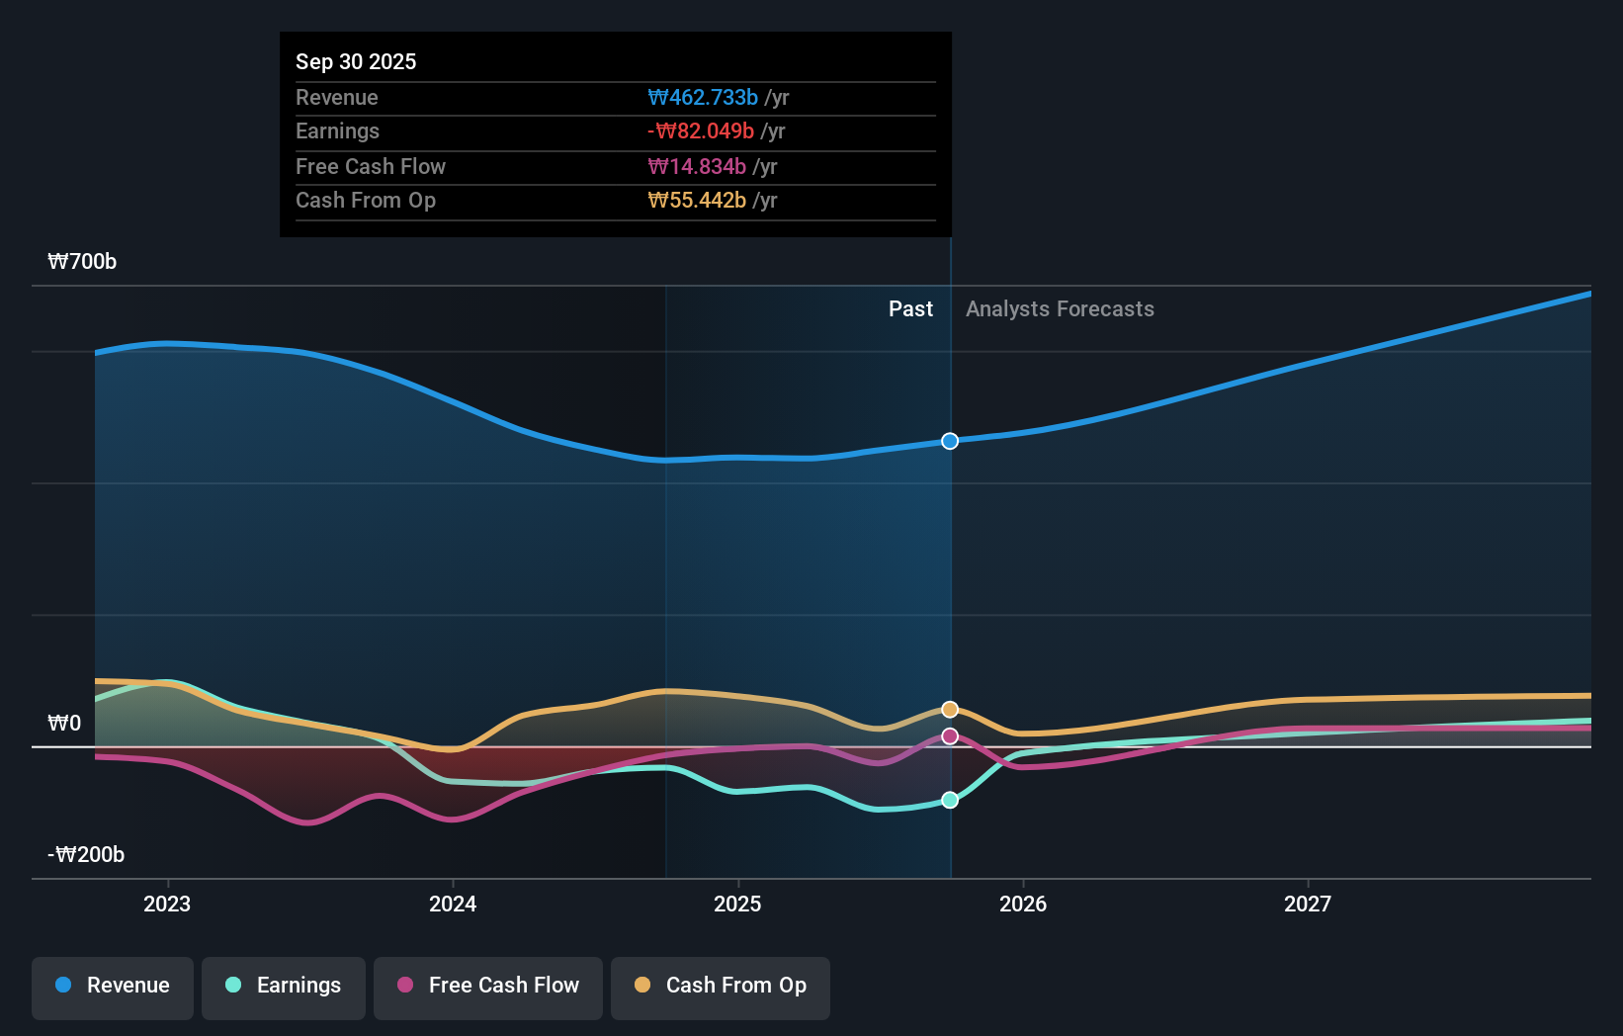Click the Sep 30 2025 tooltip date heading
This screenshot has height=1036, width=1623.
(x=356, y=61)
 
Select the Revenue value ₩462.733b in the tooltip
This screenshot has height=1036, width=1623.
(x=703, y=97)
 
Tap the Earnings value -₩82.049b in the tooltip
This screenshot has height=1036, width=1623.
(x=701, y=131)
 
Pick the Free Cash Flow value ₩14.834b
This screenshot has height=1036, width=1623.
(x=697, y=166)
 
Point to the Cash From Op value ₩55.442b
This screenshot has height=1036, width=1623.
(x=697, y=201)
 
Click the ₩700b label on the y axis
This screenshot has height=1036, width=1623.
(x=82, y=262)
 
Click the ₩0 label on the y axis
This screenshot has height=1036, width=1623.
(x=64, y=724)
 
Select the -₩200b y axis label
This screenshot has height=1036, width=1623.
(x=86, y=855)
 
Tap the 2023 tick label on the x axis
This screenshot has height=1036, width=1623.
(x=167, y=904)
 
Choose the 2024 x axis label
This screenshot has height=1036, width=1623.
(x=453, y=904)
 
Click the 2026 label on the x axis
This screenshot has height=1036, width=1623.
(x=1023, y=904)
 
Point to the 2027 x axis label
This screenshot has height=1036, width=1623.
(x=1308, y=904)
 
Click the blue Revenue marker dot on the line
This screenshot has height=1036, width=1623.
(x=950, y=441)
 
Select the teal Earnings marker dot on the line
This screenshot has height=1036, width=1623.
(x=950, y=800)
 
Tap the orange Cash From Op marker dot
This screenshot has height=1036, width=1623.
(x=950, y=710)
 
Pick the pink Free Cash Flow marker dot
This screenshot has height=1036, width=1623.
(x=950, y=736)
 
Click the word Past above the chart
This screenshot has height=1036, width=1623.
(x=910, y=309)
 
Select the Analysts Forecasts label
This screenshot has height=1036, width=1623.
(x=1060, y=309)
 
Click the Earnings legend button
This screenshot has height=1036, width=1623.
(x=284, y=986)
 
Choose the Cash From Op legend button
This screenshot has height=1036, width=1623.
(x=721, y=986)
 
